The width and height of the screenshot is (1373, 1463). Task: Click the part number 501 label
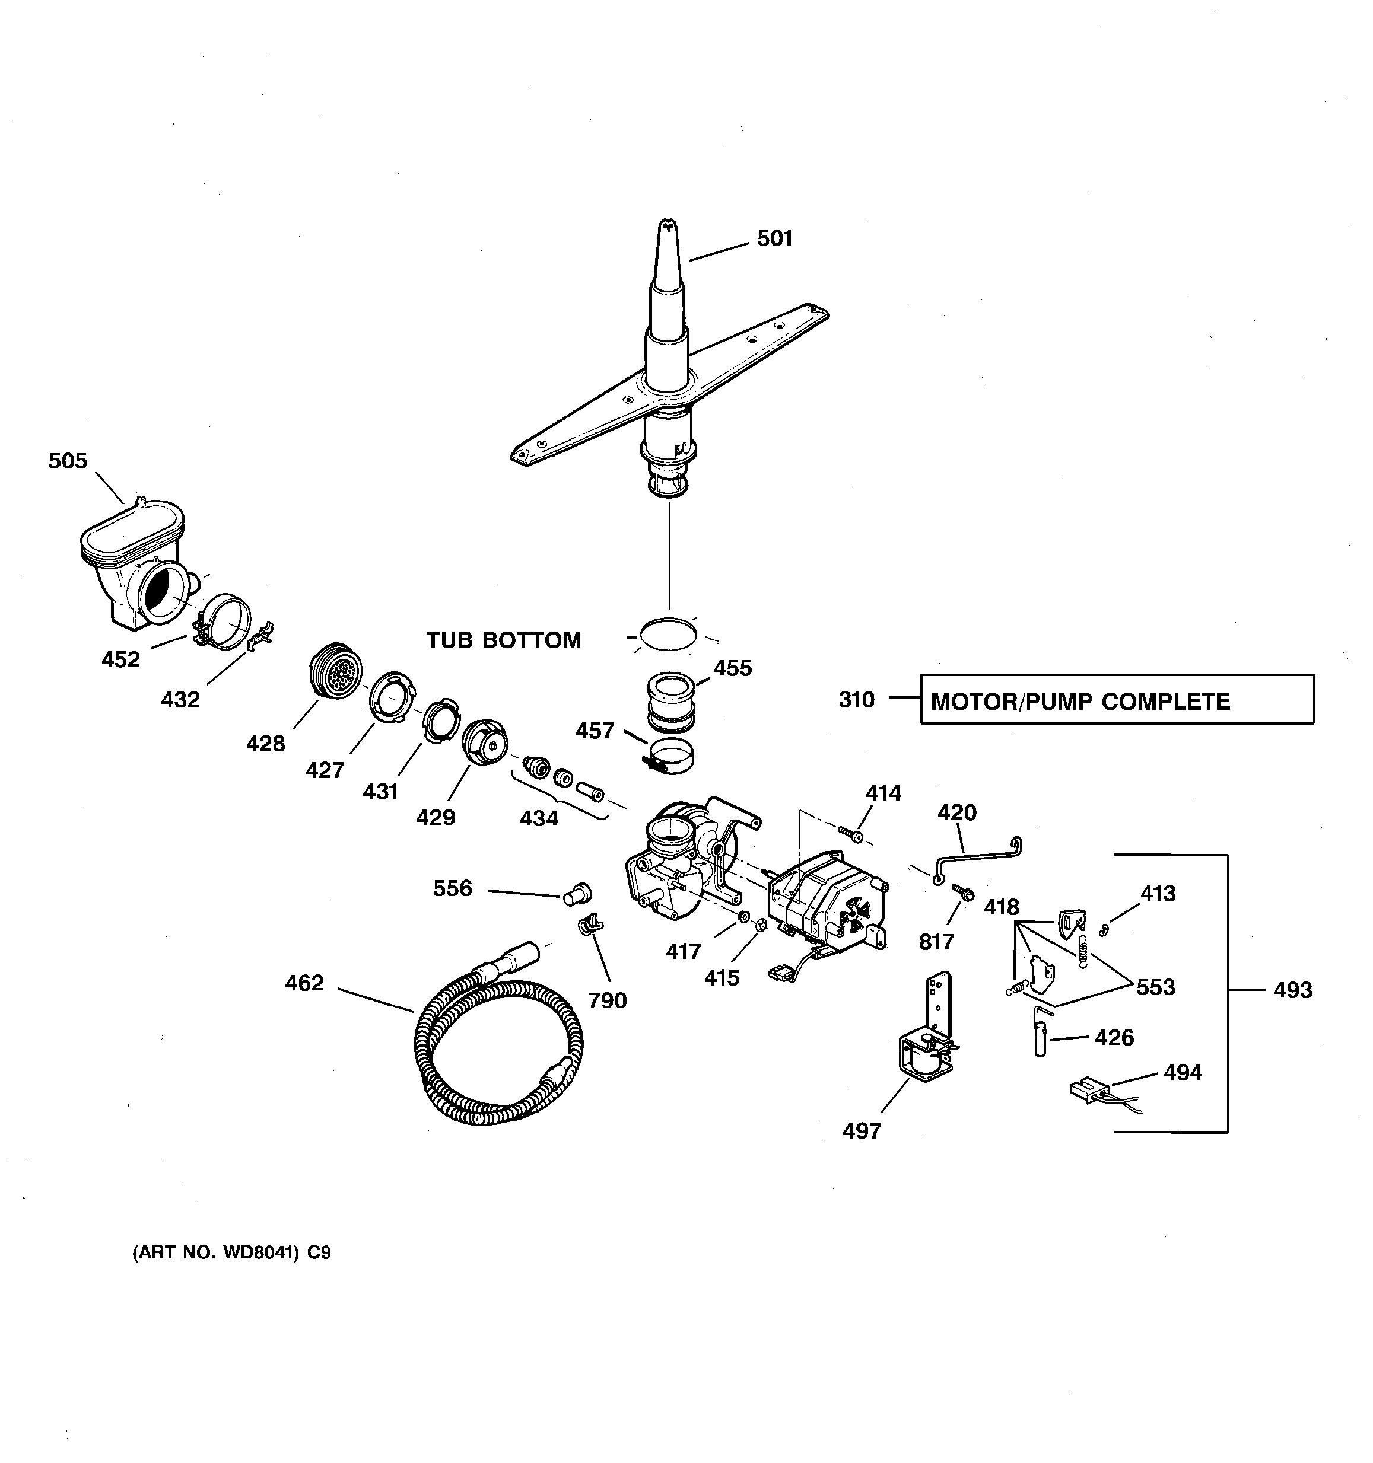point(774,238)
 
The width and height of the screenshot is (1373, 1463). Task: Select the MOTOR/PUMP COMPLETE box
point(1117,700)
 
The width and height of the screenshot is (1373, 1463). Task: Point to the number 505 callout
point(68,461)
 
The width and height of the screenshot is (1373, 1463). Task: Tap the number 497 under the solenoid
point(862,1130)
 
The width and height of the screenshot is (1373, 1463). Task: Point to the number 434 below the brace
point(539,818)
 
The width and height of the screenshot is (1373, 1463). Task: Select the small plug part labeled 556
point(577,894)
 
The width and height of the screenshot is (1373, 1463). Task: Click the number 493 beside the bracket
point(1293,990)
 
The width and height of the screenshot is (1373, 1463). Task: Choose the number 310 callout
point(856,699)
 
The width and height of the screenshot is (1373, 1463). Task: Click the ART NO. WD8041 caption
point(231,1252)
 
